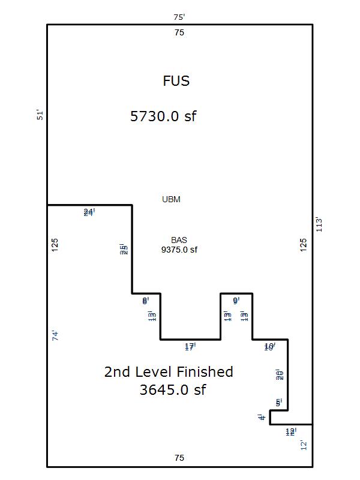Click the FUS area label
[176, 81]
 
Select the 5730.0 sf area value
[163, 116]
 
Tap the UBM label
[171, 200]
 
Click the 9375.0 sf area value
[179, 250]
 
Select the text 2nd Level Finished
[169, 372]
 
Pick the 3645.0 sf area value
[173, 390]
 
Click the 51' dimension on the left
[40, 115]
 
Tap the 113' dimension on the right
[320, 225]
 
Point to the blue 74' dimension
[55, 336]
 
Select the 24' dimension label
[89, 212]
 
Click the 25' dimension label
[124, 250]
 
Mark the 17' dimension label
[190, 347]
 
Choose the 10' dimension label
[269, 347]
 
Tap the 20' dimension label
[279, 375]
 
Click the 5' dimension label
[278, 403]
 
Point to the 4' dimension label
[262, 417]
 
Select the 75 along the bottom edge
[179, 458]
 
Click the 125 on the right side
[304, 244]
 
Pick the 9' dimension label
[236, 300]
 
